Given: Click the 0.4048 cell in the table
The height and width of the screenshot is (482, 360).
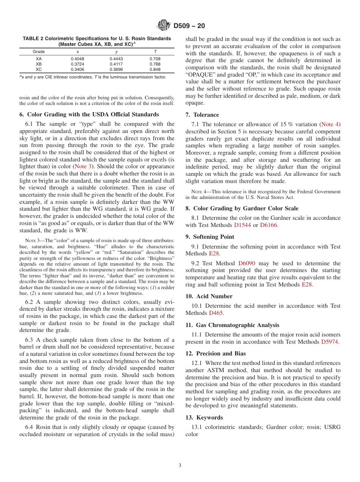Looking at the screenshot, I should [78, 59].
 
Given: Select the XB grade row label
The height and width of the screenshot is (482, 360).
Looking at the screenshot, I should [39, 64].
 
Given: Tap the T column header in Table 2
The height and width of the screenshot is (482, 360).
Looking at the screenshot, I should [155, 52].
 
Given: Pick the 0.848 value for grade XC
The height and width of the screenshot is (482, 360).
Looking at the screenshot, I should [155, 69].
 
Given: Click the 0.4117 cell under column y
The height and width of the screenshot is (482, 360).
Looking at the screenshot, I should [116, 64].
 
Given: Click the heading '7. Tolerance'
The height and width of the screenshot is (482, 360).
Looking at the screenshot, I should [202, 115].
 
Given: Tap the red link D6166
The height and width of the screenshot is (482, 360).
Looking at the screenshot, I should [269, 225].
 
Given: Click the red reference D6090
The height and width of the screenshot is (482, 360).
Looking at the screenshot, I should [247, 263].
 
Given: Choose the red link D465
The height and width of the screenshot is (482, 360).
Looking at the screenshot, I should [216, 313].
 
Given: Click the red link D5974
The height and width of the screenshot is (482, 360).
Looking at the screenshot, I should [330, 342].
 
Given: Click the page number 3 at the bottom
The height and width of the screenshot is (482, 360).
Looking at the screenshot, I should [180, 466].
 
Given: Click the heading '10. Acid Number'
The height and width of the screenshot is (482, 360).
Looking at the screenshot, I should [209, 296].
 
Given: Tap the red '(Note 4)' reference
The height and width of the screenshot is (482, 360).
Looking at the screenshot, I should [330, 124].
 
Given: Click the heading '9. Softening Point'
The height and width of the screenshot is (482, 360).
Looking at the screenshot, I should [210, 237].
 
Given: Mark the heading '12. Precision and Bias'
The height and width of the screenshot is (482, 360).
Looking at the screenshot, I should [215, 354].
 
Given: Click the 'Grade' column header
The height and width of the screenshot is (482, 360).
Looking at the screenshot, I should [39, 52].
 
